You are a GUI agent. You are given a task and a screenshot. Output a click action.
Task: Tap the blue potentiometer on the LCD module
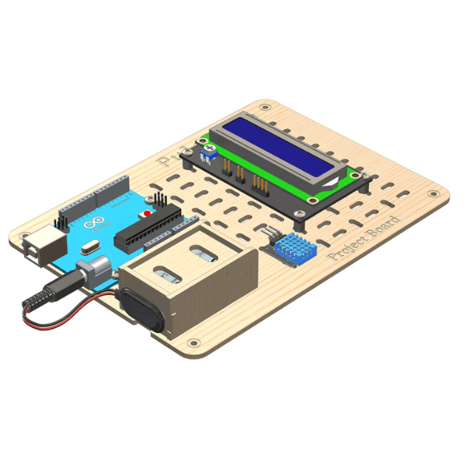(209, 151)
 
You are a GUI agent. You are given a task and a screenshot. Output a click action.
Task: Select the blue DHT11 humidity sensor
(294, 249)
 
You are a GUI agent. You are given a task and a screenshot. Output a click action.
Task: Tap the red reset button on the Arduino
(145, 212)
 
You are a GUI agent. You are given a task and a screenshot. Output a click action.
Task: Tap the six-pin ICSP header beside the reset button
(160, 201)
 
